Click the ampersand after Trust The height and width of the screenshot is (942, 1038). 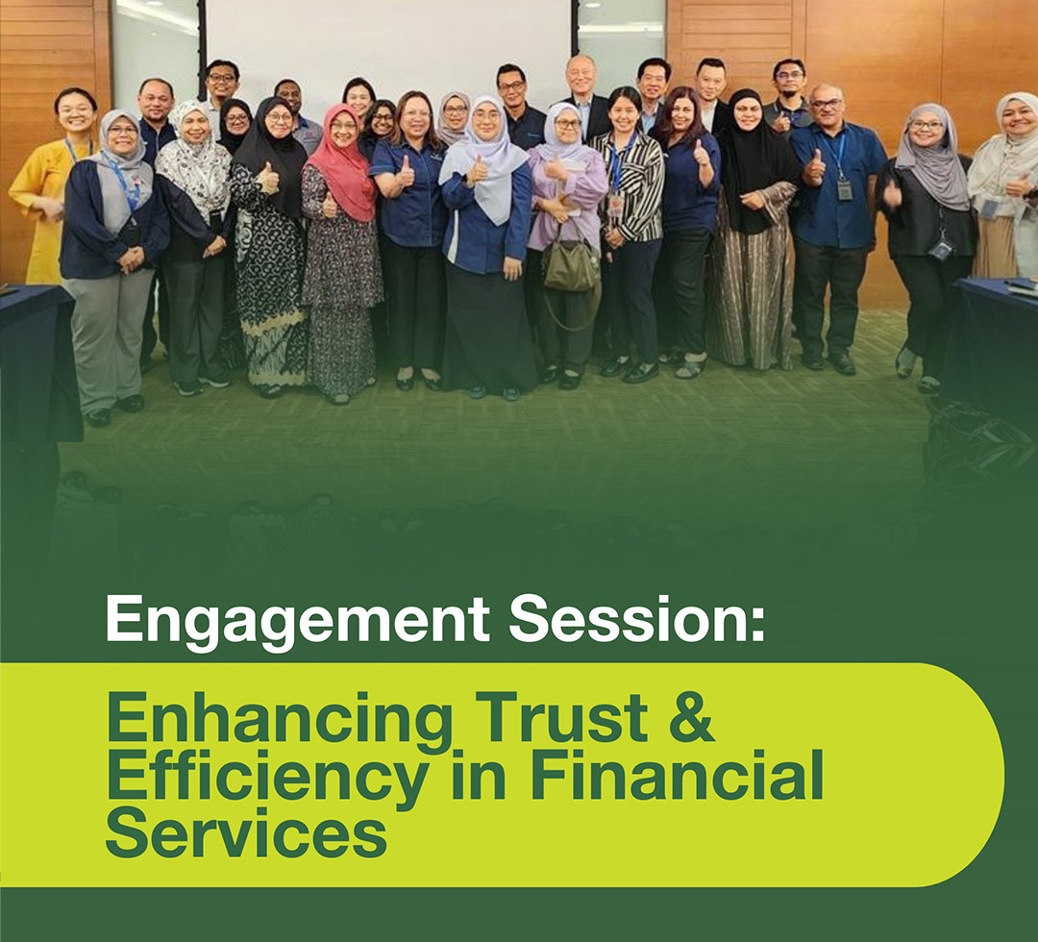pyautogui.click(x=692, y=716)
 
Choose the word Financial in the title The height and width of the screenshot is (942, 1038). pyautogui.click(x=677, y=775)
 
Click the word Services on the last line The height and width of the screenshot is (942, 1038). pyautogui.click(x=246, y=832)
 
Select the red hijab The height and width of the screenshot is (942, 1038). pyautogui.click(x=343, y=162)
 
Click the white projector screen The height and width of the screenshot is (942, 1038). pyautogui.click(x=388, y=46)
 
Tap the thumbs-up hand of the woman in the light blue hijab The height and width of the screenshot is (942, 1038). pyautogui.click(x=476, y=171)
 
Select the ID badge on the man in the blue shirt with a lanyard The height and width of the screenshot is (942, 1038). pyautogui.click(x=844, y=190)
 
